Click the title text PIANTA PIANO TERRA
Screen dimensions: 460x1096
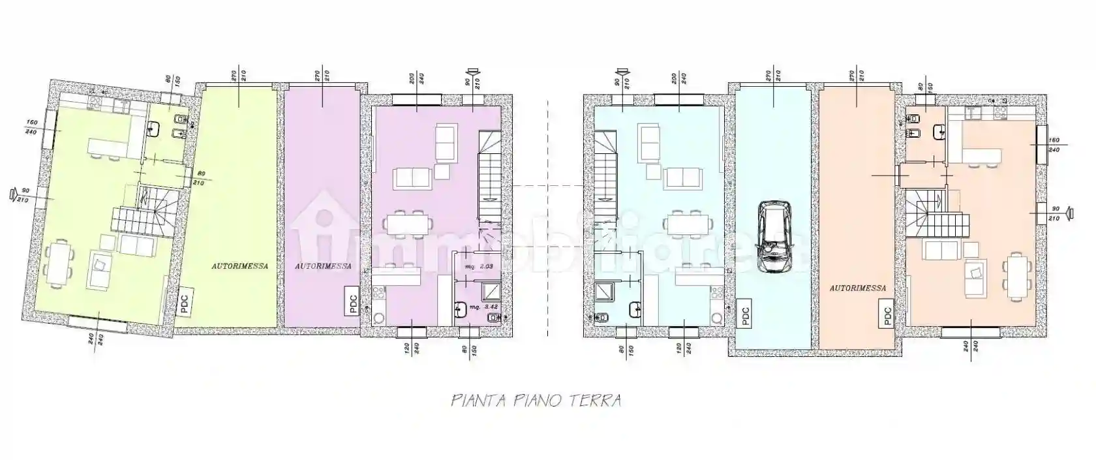[536, 400]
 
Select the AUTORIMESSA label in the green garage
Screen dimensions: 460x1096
[239, 266]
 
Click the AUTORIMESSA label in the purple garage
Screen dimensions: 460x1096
[323, 266]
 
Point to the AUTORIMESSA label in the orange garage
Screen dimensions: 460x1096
[858, 288]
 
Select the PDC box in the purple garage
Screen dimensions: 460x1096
[353, 303]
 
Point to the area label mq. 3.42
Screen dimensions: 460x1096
[485, 306]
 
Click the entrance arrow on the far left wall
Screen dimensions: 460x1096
[12, 193]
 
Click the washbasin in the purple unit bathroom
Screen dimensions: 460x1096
[462, 309]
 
